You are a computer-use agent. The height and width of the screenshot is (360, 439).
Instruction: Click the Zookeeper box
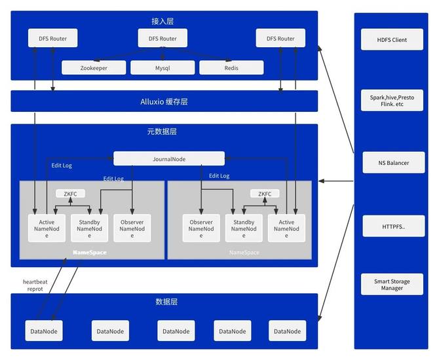(93, 67)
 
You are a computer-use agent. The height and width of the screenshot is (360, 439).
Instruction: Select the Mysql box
(162, 67)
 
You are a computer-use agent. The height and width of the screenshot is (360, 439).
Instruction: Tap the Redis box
(231, 67)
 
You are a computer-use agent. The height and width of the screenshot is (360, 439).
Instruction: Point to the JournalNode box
(169, 158)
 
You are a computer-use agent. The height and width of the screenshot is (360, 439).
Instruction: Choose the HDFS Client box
(392, 40)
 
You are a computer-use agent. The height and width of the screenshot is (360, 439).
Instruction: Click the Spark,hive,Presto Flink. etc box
(392, 100)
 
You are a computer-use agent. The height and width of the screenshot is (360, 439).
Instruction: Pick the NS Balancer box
(392, 162)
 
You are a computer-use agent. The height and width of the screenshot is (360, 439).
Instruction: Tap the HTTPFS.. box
(392, 226)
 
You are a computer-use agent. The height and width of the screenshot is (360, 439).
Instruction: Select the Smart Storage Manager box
(392, 285)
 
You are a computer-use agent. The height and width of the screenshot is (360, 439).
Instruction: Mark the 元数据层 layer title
(162, 132)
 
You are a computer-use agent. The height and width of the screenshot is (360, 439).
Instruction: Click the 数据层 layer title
(166, 302)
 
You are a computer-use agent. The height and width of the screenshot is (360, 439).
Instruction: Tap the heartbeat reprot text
(36, 285)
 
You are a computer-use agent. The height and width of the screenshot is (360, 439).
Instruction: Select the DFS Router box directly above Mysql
(162, 39)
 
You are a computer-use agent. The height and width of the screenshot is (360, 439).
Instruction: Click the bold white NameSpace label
(90, 253)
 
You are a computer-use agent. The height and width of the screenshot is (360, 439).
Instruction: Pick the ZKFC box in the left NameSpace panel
(71, 194)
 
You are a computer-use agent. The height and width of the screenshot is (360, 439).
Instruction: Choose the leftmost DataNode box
(44, 331)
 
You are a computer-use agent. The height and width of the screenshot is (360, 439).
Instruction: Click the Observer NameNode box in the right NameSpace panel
(201, 228)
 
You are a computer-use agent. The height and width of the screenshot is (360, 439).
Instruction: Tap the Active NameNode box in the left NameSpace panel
(47, 228)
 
